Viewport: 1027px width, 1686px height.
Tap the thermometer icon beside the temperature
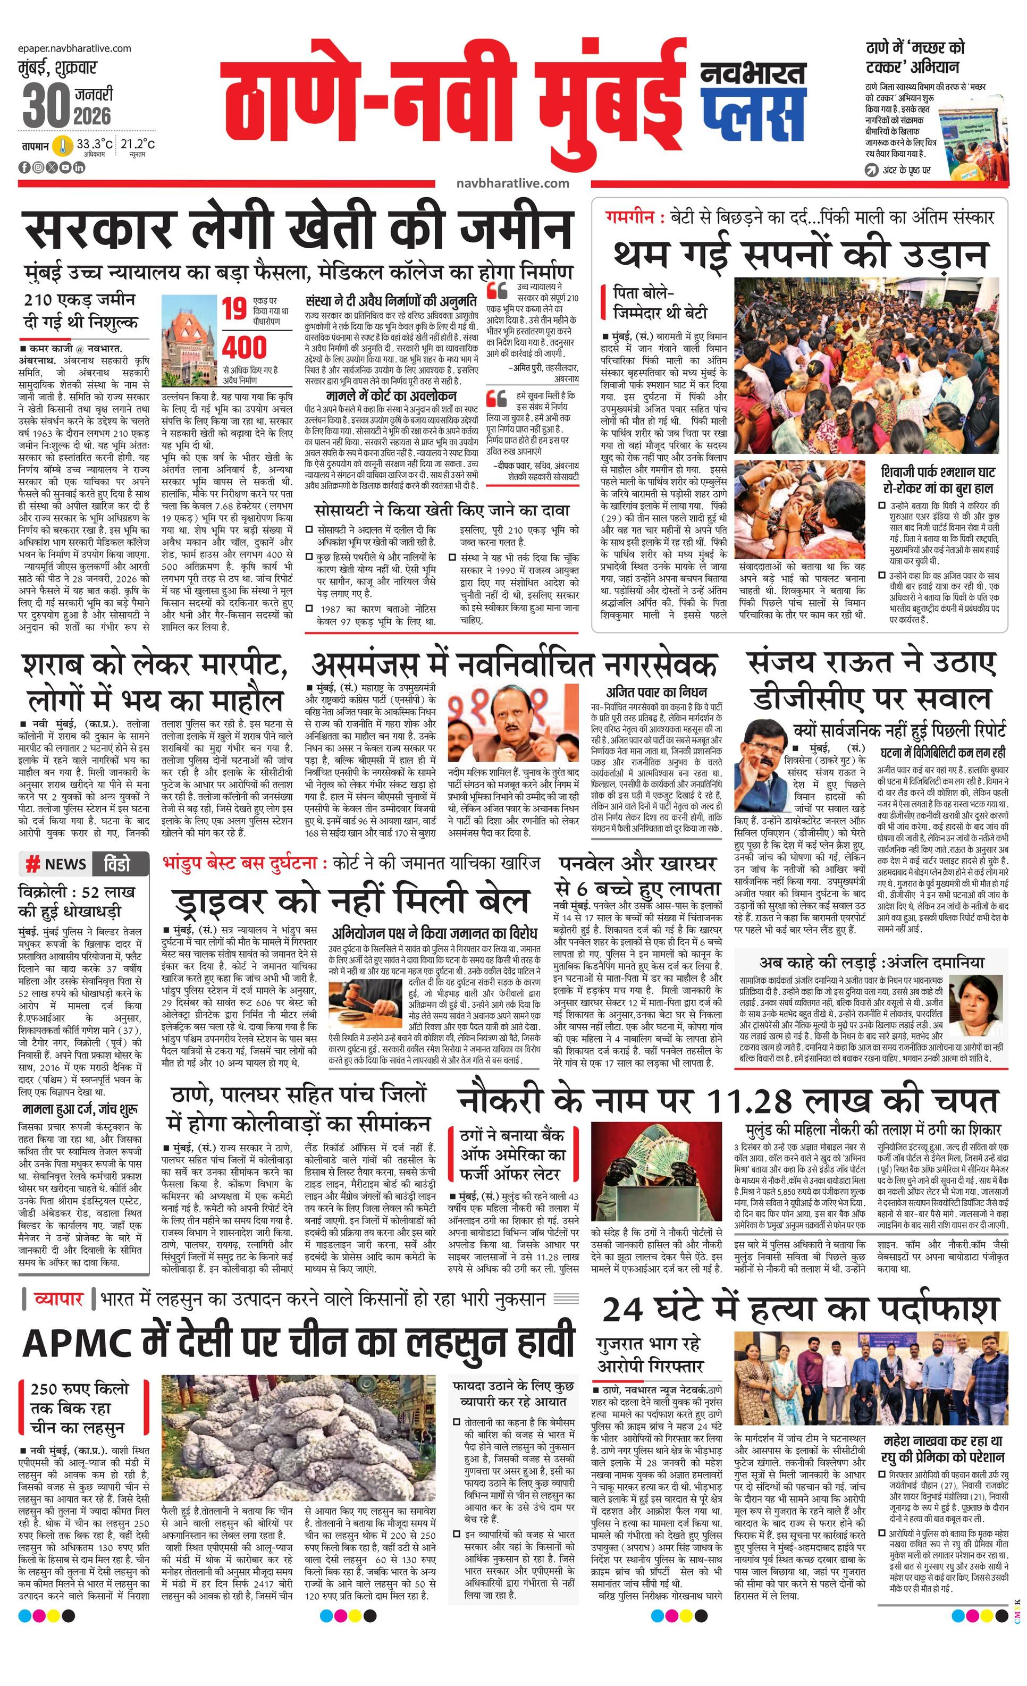pyautogui.click(x=64, y=146)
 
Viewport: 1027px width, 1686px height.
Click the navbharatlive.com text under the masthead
pyautogui.click(x=512, y=183)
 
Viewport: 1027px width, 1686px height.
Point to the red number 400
pyautogui.click(x=245, y=347)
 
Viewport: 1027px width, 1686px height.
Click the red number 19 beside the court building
pyautogui.click(x=233, y=309)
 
